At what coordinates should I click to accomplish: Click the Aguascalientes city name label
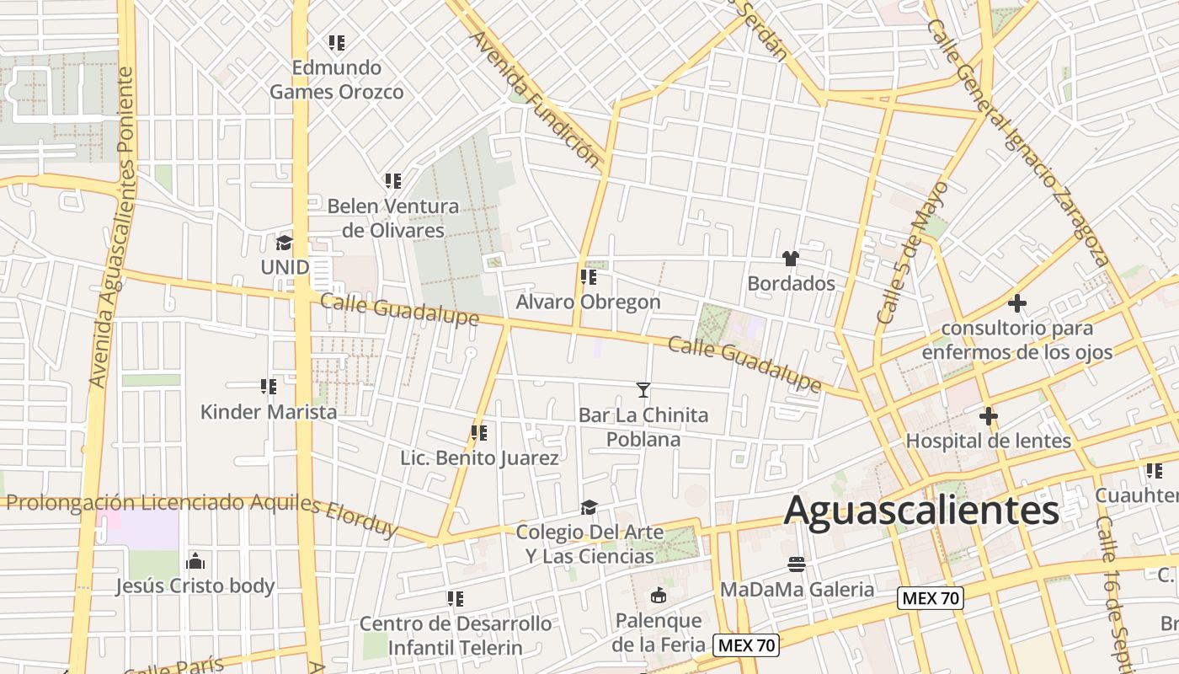point(921,511)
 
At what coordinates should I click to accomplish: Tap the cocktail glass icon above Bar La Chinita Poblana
point(643,389)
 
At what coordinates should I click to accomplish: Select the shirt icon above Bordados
point(790,259)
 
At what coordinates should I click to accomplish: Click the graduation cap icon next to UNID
point(285,243)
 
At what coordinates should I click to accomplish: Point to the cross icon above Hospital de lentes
point(988,416)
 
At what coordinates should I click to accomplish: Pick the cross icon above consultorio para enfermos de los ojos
point(1017,302)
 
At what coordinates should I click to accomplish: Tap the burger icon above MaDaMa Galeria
point(797,564)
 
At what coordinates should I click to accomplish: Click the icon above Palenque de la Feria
point(658,596)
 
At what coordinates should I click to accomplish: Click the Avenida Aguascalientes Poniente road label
point(113,227)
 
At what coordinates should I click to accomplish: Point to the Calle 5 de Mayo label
point(912,253)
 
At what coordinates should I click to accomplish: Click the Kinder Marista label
point(269,412)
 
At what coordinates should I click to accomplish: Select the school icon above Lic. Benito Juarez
point(479,433)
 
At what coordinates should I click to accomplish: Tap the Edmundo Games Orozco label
point(337,79)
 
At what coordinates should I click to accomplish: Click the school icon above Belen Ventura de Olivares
point(392,180)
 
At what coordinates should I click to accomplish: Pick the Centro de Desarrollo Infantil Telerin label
point(455,635)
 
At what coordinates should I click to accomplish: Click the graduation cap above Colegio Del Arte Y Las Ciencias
point(589,507)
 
